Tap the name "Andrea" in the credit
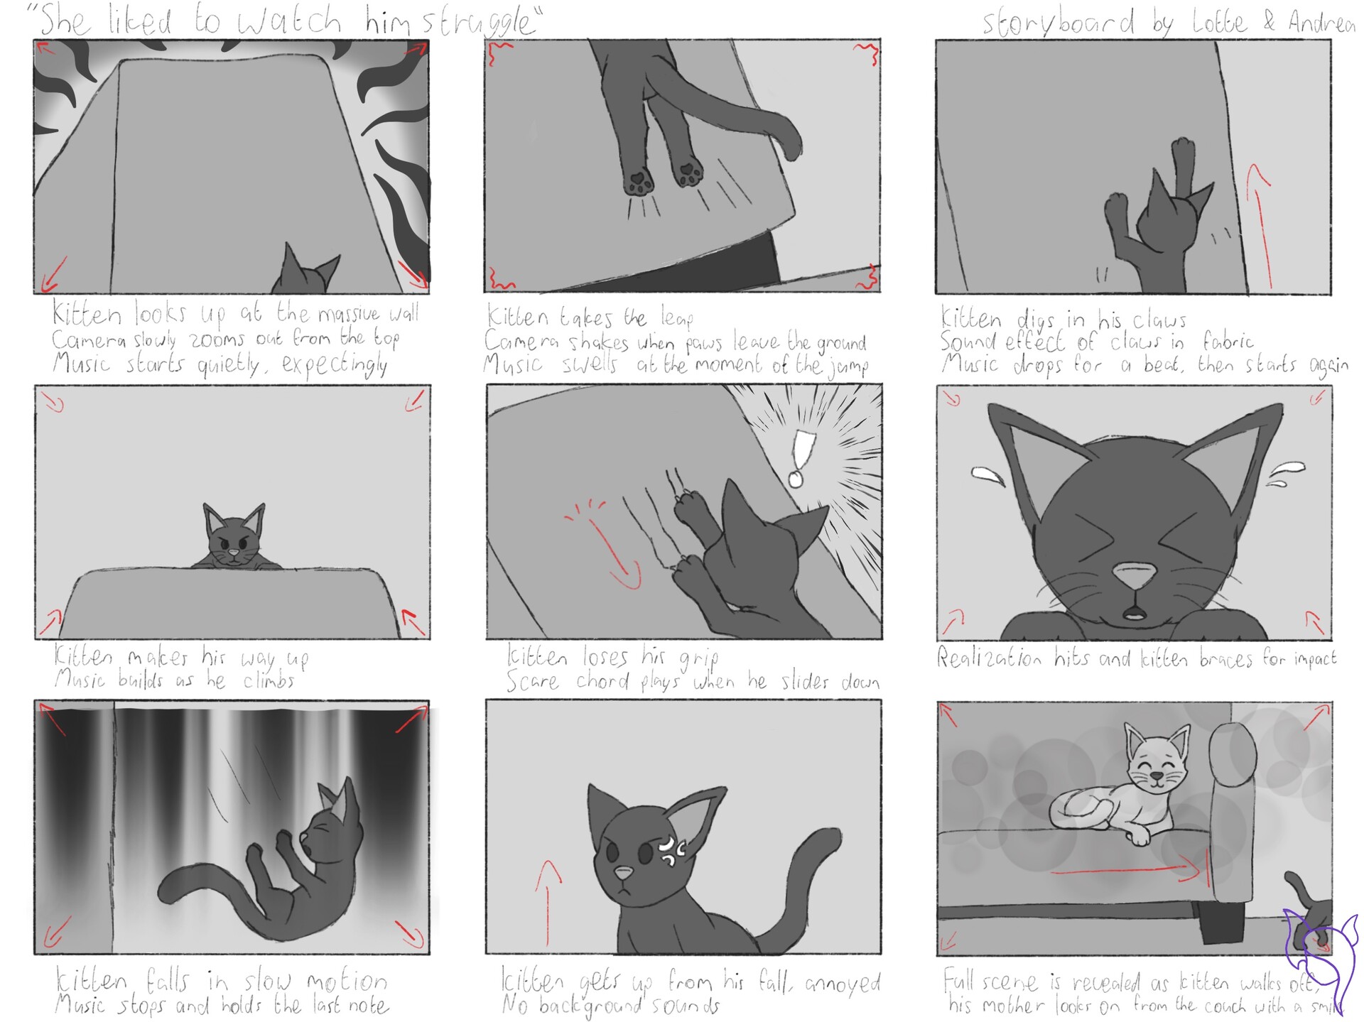click(x=1321, y=23)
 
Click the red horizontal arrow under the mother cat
click(x=1122, y=871)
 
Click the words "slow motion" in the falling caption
click(x=315, y=982)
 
